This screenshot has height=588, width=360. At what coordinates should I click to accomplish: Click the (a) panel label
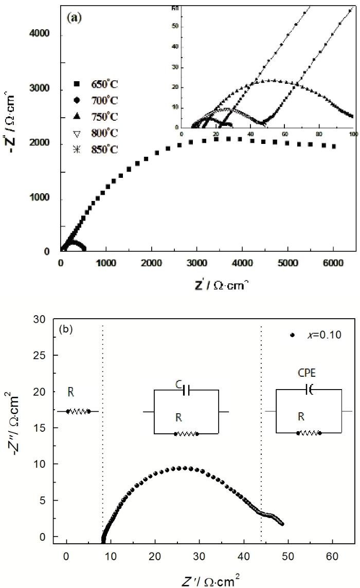pos(74,16)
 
